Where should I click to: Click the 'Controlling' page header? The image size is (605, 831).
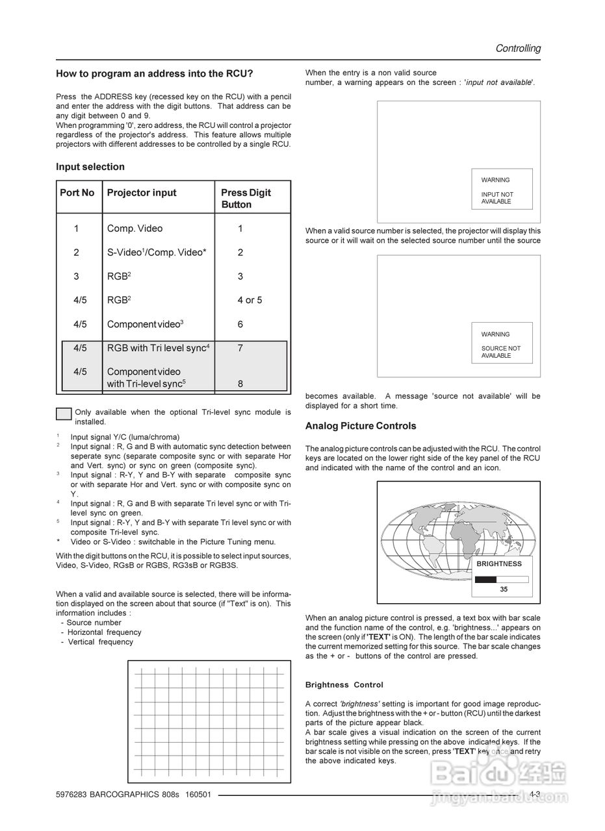[517, 48]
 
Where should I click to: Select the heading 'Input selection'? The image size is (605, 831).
[90, 167]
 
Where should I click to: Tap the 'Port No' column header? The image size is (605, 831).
[77, 193]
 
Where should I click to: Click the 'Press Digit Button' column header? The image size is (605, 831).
[246, 198]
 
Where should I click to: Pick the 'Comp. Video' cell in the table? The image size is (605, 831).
[135, 229]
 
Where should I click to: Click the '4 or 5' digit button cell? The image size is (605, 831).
[250, 300]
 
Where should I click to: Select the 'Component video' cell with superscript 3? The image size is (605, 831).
[145, 324]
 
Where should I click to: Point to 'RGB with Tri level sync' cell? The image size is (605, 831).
[158, 348]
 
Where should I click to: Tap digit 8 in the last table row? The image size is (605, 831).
[240, 384]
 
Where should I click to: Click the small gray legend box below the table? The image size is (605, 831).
[64, 414]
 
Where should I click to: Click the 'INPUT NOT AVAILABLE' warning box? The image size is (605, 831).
[502, 189]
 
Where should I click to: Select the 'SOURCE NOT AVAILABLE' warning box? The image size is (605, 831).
[502, 343]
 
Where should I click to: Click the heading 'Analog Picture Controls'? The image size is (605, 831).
[361, 426]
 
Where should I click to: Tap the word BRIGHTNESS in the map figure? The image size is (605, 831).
[499, 564]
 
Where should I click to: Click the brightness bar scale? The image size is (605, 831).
[502, 579]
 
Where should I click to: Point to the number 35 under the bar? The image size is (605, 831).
[504, 589]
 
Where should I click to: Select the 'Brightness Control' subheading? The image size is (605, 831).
[344, 685]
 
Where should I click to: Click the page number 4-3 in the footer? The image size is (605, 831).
[534, 794]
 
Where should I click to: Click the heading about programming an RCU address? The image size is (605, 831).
[154, 74]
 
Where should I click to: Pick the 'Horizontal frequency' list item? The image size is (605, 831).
[104, 632]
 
